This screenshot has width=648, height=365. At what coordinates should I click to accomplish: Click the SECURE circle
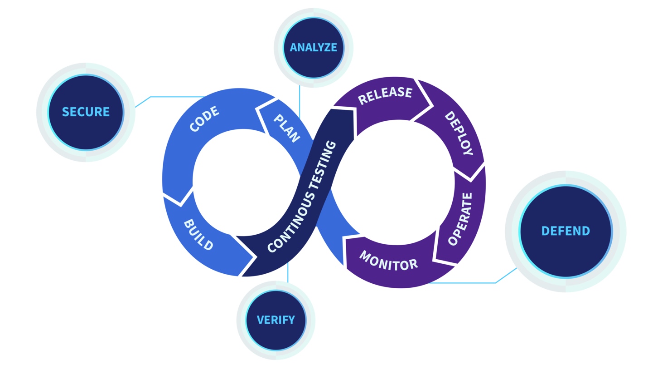[86, 112]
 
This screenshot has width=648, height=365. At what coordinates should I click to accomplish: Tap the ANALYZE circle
[314, 47]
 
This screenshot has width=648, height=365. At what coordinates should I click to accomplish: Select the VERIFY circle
[276, 320]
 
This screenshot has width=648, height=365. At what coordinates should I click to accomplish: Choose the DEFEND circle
[566, 231]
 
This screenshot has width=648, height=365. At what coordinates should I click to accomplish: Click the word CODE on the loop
[204, 119]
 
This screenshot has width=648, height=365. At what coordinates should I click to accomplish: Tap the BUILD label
[198, 235]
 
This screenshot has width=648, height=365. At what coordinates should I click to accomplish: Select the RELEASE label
[385, 95]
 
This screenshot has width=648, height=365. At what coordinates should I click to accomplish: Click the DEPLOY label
[458, 133]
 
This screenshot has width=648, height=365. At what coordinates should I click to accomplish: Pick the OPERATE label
[460, 219]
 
